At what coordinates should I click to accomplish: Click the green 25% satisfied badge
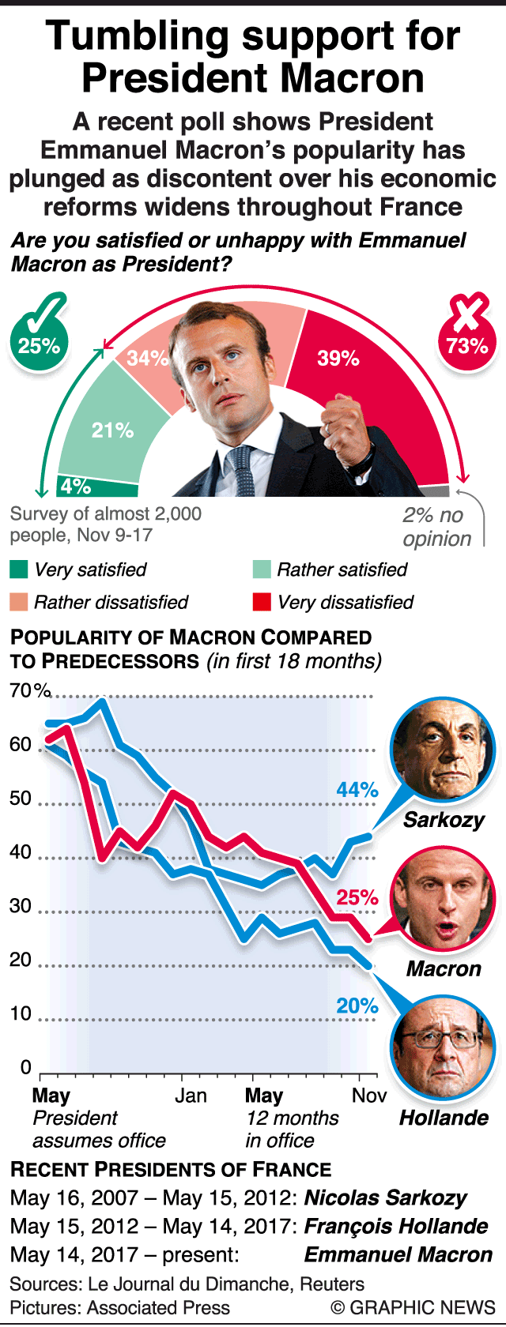(x=39, y=344)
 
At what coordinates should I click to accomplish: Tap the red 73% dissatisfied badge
(x=466, y=344)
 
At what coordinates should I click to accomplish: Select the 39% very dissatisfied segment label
(x=338, y=358)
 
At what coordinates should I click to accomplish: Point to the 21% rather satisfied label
(x=112, y=430)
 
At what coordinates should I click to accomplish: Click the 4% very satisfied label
(x=76, y=486)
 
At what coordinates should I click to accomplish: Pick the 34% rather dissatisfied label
(x=148, y=358)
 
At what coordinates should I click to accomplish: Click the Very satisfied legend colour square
(x=19, y=570)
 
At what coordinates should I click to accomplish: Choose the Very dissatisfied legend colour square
(x=262, y=602)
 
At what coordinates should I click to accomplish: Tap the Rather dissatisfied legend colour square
(x=19, y=602)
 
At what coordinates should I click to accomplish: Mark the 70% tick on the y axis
(x=30, y=691)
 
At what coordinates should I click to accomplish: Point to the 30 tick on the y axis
(x=21, y=906)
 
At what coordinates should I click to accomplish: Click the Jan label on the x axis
(x=191, y=1096)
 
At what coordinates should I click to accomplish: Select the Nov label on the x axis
(x=369, y=1096)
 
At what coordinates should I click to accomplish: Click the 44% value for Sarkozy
(x=357, y=790)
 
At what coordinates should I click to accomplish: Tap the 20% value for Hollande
(x=357, y=1006)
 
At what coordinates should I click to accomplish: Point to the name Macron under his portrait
(x=444, y=968)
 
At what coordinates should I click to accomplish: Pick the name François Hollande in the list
(x=396, y=1226)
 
